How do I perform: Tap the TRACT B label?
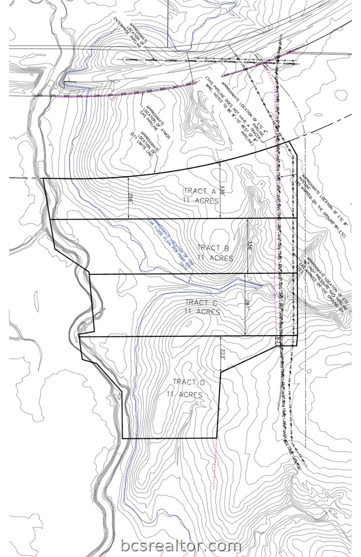click(214, 248)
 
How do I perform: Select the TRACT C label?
click(202, 303)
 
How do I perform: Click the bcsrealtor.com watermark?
click(181, 546)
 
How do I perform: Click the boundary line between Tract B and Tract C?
click(192, 274)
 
